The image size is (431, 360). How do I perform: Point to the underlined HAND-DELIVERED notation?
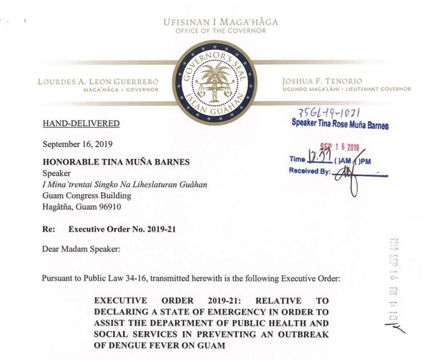pyautogui.click(x=81, y=123)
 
